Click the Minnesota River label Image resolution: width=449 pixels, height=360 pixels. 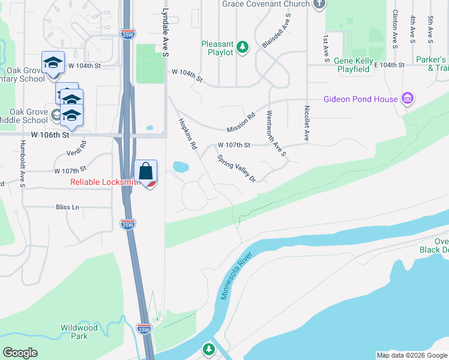pyautogui.click(x=237, y=277)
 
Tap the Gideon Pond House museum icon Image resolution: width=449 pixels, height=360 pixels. pyautogui.click(x=408, y=98)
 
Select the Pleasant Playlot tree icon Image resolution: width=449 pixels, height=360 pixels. pyautogui.click(x=243, y=47)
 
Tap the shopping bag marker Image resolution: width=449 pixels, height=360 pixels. pyautogui.click(x=145, y=172)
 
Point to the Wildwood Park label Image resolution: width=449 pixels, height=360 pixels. pyautogui.click(x=79, y=332)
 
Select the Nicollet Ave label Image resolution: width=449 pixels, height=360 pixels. pyautogui.click(x=307, y=124)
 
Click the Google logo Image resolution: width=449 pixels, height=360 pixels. pyautogui.click(x=20, y=353)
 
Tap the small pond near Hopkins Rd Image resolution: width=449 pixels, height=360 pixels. pyautogui.click(x=179, y=166)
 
